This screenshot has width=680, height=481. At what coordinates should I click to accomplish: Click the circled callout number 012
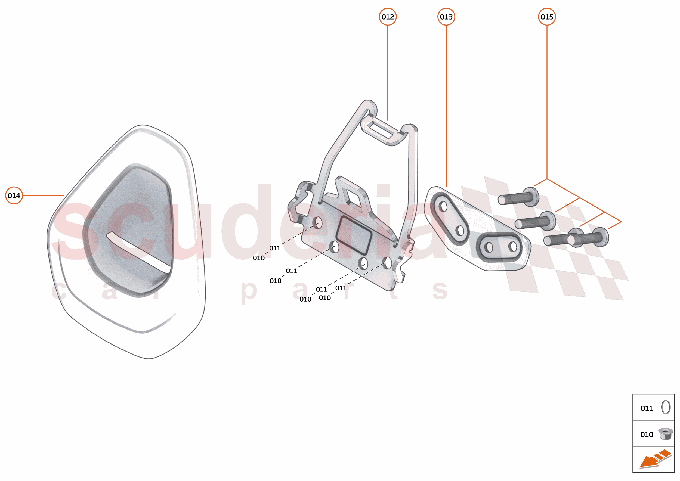[388, 17]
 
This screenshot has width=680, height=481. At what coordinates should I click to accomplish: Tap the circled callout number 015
[547, 17]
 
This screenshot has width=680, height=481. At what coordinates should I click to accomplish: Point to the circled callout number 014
[14, 195]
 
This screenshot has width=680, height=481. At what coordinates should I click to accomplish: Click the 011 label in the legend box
[647, 408]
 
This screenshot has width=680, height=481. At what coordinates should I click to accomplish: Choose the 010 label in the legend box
[647, 435]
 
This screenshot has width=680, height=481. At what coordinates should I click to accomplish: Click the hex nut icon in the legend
[665, 434]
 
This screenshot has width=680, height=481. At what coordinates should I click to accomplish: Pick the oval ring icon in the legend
[666, 407]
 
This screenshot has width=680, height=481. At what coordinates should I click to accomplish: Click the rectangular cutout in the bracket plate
[354, 235]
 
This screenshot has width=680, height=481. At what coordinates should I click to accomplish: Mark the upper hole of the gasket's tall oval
[443, 206]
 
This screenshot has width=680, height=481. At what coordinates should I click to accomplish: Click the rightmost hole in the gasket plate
[513, 246]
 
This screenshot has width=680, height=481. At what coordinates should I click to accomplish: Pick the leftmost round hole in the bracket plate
[317, 222]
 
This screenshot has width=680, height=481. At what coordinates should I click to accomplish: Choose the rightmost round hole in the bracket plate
[387, 262]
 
